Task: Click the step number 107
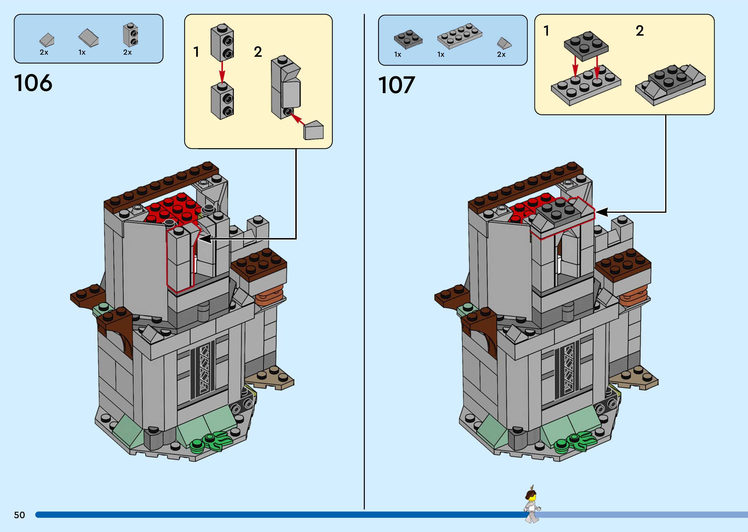397,85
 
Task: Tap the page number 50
19,515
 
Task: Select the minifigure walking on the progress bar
532,505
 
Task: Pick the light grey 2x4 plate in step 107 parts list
459,36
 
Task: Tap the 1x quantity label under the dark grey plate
398,55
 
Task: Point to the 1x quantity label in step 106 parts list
82,52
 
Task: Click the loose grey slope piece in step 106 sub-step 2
313,130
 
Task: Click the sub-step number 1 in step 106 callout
196,52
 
